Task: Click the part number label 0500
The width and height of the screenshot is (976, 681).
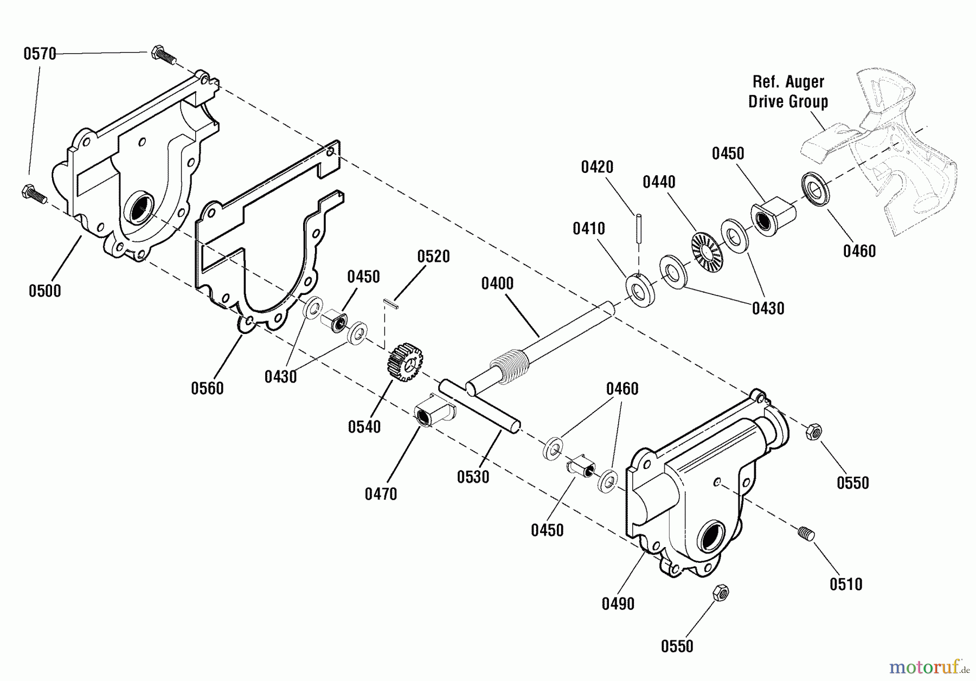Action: point(44,291)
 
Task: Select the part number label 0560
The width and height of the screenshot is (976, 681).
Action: point(207,388)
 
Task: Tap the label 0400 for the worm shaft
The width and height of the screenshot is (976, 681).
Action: point(497,283)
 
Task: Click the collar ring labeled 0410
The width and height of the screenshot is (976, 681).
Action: point(640,291)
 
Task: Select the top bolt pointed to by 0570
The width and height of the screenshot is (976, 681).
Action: point(163,54)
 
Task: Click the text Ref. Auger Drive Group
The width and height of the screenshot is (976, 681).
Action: point(788,92)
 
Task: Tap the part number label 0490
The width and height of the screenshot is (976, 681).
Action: point(618,604)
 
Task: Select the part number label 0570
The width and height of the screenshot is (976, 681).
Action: point(40,54)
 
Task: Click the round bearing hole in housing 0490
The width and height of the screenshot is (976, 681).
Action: point(712,537)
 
